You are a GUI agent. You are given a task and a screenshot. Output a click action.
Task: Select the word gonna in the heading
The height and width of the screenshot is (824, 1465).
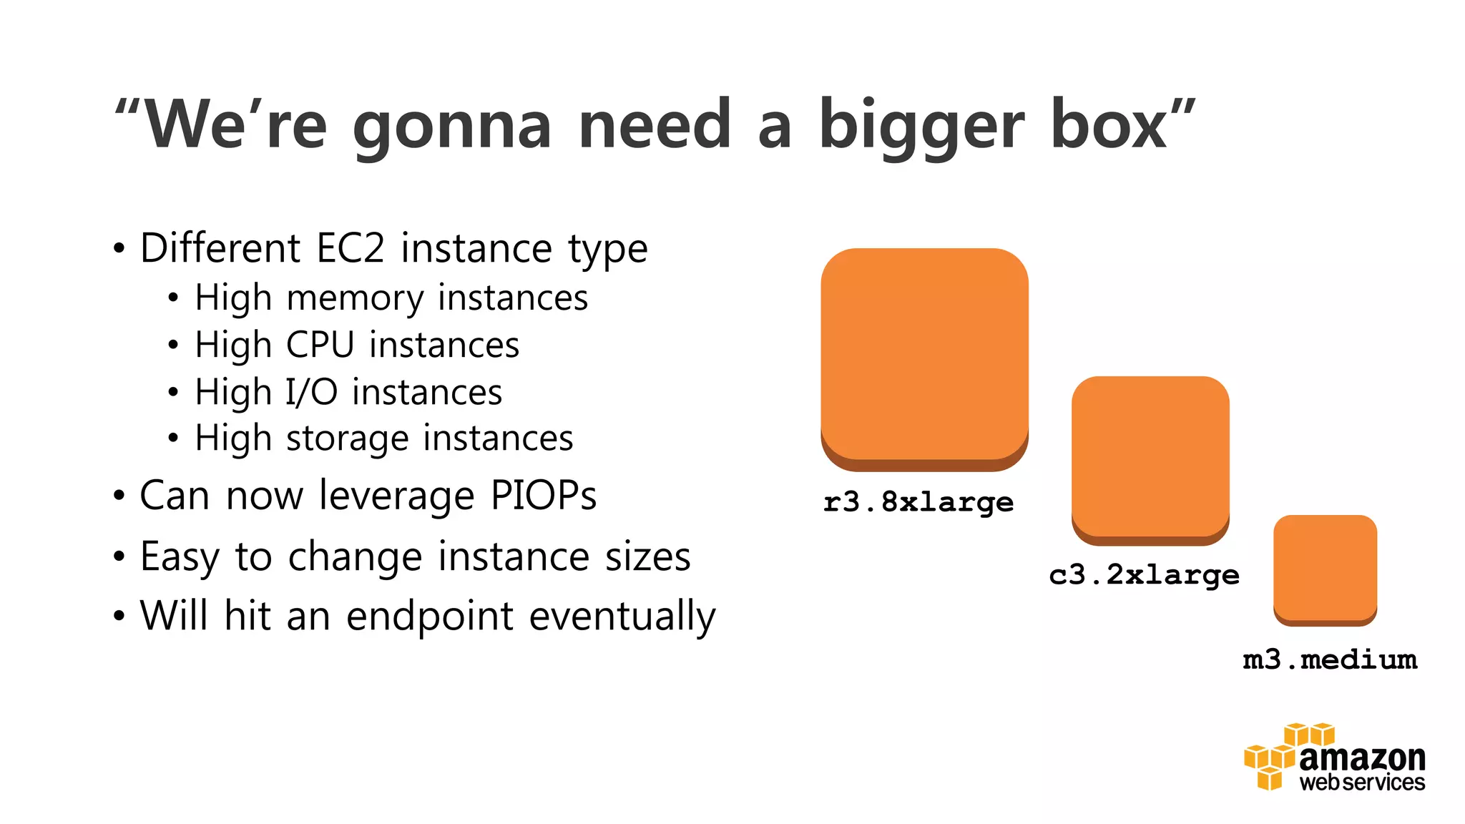tap(452, 127)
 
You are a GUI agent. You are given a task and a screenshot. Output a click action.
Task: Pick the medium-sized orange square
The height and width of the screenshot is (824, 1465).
tap(1150, 458)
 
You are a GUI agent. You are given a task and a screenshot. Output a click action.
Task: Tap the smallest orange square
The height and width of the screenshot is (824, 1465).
tap(1325, 569)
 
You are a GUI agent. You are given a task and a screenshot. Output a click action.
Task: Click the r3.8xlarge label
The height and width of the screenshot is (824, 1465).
tap(918, 502)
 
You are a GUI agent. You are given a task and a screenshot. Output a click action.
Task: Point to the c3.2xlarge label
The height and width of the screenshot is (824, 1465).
tap(1144, 575)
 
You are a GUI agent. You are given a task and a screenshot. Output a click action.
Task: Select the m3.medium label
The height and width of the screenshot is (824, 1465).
tap(1330, 659)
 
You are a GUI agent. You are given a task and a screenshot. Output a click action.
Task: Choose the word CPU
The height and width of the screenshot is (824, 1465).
tap(320, 345)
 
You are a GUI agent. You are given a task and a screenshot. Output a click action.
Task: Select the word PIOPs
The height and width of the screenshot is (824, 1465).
tap(543, 495)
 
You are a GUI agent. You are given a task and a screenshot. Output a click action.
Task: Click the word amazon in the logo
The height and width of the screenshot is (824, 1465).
tap(1361, 758)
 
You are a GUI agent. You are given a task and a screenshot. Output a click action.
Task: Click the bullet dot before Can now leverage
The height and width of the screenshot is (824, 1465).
tap(119, 496)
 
